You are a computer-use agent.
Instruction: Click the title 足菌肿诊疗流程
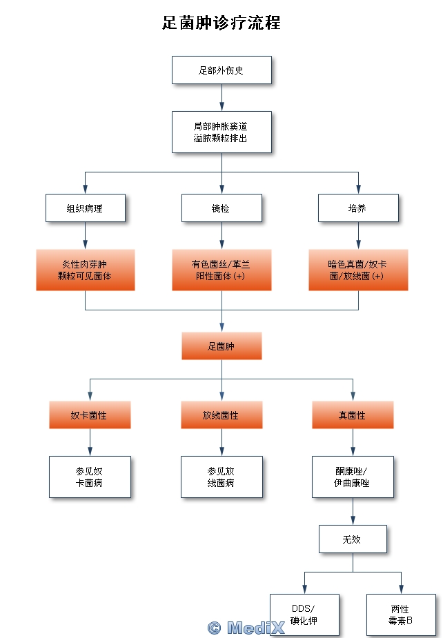tap(221, 23)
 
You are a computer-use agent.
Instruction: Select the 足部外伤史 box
tap(221, 70)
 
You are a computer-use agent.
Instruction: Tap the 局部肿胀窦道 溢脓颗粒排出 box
tap(221, 132)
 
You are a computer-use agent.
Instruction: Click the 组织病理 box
tap(86, 208)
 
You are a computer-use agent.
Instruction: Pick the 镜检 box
tap(221, 208)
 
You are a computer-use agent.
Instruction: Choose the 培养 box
tap(358, 208)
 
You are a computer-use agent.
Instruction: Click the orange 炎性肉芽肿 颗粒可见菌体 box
tap(86, 270)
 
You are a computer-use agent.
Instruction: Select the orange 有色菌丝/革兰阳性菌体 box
tap(221, 270)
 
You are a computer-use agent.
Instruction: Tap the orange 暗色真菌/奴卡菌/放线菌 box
tap(358, 270)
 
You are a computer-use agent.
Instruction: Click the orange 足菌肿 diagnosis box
tap(221, 346)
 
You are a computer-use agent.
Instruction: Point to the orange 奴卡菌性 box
tap(90, 415)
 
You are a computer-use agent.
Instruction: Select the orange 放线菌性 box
tap(221, 415)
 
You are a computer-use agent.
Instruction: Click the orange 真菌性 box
tap(353, 415)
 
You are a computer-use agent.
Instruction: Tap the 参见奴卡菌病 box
tap(90, 477)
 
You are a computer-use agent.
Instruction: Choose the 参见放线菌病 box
tap(221, 477)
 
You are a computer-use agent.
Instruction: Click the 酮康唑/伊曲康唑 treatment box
tap(353, 477)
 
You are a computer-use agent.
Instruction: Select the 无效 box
tap(353, 539)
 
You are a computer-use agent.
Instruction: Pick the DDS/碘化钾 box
tap(304, 615)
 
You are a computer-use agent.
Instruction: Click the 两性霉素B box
tap(401, 615)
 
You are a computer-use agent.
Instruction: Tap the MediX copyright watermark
tap(246, 628)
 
